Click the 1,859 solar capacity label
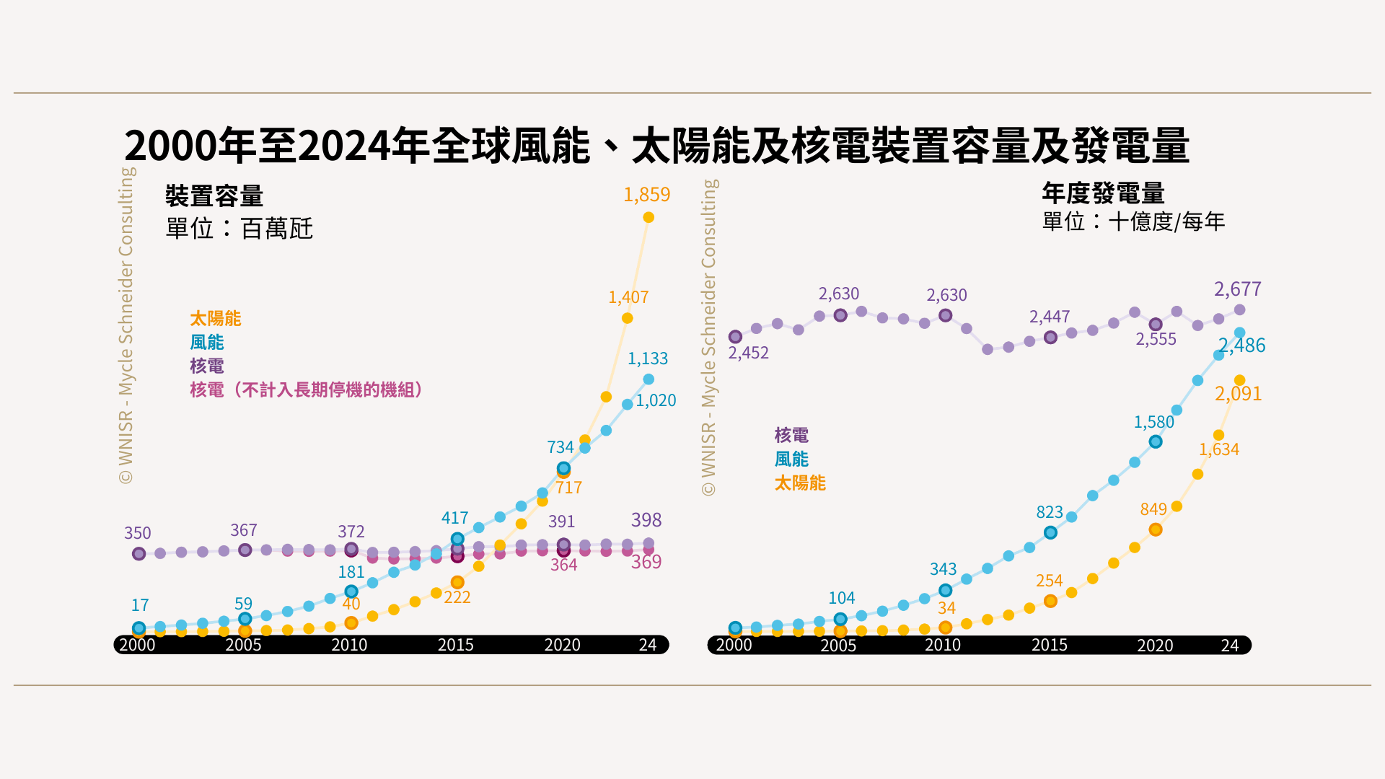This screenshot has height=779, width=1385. coord(646,195)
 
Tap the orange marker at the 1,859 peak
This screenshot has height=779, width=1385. coord(648,217)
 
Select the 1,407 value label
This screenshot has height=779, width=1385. coord(628,297)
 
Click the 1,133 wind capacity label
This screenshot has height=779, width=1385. coord(647,358)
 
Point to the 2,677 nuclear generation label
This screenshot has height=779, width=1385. coord(1237,289)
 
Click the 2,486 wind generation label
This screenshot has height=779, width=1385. coord(1242,346)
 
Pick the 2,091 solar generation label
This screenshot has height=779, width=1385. coord(1238,394)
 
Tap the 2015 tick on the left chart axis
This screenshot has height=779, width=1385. coord(456,645)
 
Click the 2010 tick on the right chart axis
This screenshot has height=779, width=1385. coord(943,645)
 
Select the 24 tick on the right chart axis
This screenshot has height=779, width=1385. coord(1229,646)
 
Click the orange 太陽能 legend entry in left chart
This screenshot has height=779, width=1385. coord(215,318)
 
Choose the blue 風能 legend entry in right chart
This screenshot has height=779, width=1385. coord(791,459)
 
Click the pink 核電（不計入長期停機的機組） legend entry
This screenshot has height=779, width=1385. coord(306,390)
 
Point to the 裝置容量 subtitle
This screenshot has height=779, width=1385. coord(214,196)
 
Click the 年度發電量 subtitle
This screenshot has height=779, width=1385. coord(1103,193)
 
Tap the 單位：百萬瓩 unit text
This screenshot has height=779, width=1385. coord(239,229)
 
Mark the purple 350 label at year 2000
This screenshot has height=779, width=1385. coord(137,533)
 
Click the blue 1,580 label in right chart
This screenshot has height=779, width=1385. coord(1153,422)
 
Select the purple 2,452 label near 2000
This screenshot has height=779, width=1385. coord(748,353)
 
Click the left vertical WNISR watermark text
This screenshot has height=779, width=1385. coord(126,325)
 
